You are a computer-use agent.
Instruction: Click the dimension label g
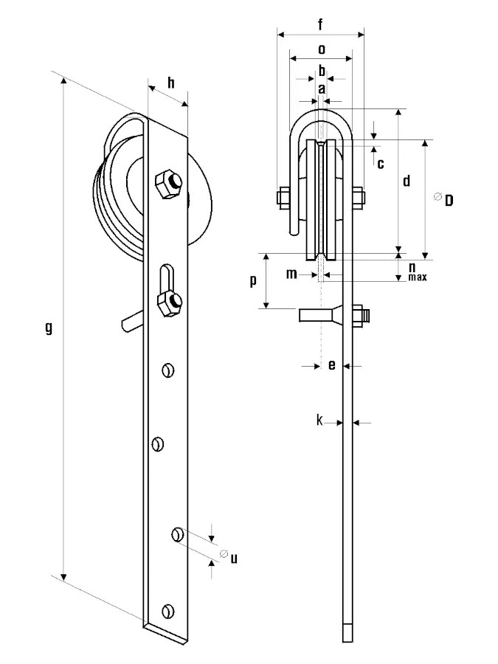49,328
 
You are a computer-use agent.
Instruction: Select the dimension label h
170,83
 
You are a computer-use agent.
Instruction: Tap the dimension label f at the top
320,24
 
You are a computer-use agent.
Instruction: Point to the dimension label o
322,49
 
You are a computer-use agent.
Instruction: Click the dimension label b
322,70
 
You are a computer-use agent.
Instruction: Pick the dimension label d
407,181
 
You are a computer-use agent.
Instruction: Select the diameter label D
449,200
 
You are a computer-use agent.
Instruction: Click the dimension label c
380,164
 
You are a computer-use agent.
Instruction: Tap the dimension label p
253,280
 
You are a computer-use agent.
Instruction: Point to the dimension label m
291,274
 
